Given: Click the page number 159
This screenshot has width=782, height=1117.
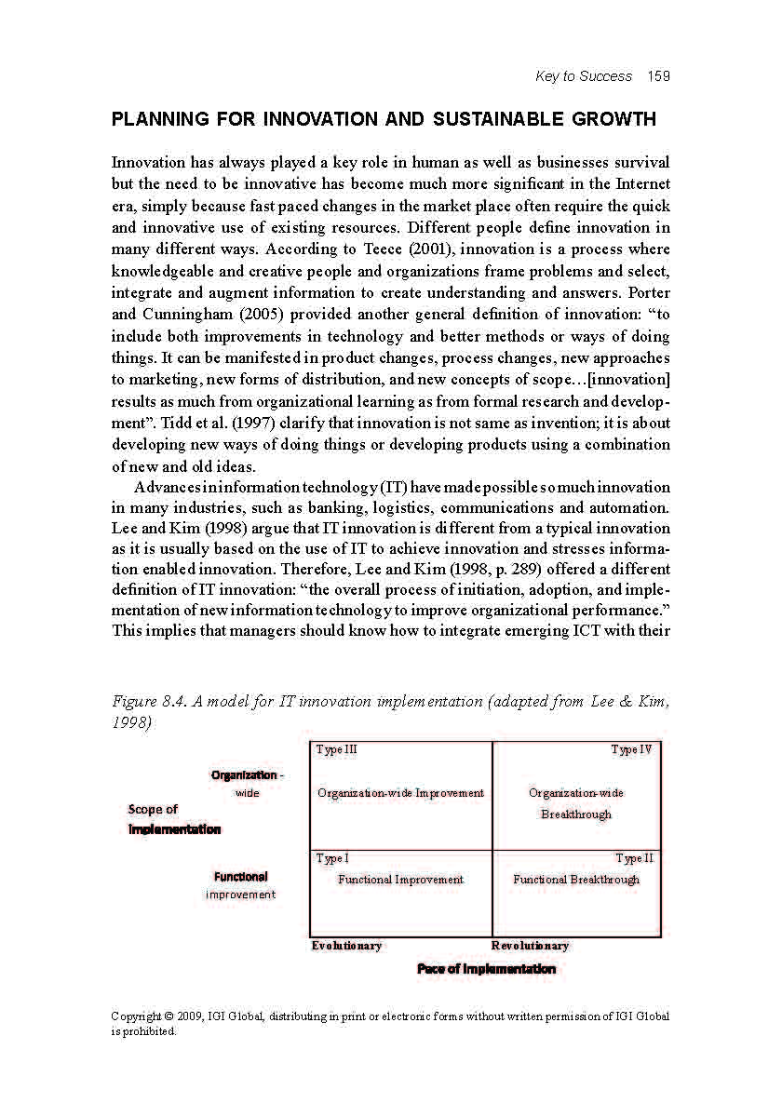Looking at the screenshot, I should [659, 76].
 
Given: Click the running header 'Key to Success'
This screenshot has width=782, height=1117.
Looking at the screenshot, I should [584, 76].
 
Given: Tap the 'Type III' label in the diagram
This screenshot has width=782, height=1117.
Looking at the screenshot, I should [336, 749].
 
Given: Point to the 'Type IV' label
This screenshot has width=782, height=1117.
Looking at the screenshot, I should [631, 749].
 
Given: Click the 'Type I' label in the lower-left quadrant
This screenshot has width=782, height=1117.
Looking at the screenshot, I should [332, 858].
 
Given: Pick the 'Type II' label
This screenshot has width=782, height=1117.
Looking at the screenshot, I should [634, 858].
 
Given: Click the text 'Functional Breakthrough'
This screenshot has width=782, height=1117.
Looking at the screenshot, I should [576, 880].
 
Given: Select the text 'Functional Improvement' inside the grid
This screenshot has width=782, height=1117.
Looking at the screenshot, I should [400, 880].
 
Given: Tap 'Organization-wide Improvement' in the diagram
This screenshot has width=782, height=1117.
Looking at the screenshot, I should [400, 793].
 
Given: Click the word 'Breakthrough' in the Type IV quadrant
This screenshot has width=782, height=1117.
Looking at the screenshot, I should [576, 814].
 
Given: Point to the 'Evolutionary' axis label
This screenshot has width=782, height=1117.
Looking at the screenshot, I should [346, 946].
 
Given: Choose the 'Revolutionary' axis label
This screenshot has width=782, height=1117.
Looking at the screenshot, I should [530, 946].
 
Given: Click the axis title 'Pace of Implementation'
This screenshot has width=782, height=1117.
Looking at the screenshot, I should [486, 969].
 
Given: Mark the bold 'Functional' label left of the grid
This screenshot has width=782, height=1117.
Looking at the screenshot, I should [240, 877].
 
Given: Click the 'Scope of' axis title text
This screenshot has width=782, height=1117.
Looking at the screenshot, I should [153, 810].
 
